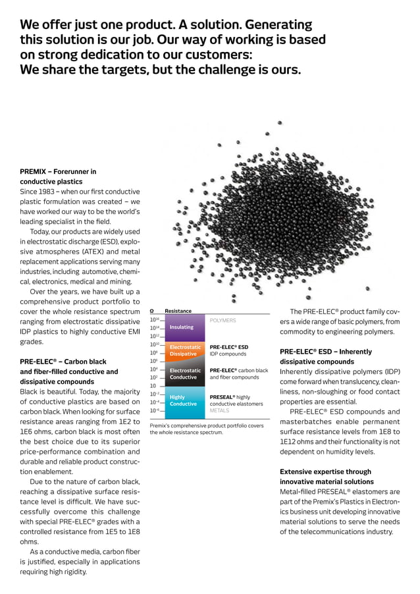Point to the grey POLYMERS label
(x=223, y=320)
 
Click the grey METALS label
(x=219, y=410)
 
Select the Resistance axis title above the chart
(x=178, y=311)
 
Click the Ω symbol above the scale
(x=151, y=311)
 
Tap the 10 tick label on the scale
(x=153, y=386)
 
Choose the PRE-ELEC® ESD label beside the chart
(x=228, y=346)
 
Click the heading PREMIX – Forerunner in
(x=58, y=171)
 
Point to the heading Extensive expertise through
(x=325, y=472)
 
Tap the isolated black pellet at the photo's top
(x=280, y=123)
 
